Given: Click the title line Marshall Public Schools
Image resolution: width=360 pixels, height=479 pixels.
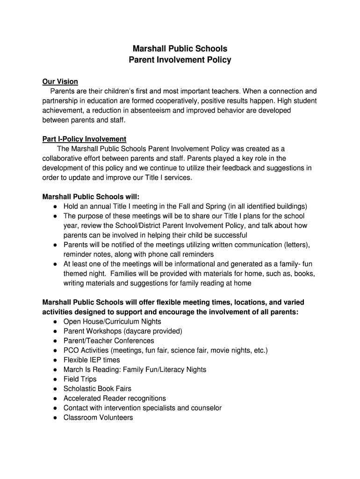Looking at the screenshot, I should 180,49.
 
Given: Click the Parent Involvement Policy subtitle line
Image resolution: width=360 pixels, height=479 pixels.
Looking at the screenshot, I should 180,60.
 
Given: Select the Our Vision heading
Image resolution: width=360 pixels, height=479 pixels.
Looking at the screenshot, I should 60,82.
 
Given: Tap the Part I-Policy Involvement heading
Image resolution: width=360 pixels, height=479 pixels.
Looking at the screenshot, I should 84,139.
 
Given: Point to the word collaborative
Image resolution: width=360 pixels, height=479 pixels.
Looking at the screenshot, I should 62,158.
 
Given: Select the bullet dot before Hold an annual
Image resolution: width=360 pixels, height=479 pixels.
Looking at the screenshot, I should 55,206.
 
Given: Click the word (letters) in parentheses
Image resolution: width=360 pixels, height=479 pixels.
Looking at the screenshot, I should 297,245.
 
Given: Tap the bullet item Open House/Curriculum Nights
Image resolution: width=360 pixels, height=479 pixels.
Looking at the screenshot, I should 112,321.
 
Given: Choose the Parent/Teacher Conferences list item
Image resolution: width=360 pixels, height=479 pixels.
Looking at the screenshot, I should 108,341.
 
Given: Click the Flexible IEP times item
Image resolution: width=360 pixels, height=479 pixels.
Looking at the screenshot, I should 92,360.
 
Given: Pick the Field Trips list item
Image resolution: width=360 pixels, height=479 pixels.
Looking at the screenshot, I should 80,379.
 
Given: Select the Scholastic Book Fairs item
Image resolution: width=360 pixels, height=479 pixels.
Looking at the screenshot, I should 97,389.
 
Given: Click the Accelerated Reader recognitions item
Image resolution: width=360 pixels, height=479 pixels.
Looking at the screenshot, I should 115,398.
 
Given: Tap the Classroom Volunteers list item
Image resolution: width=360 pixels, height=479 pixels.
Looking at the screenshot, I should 98,417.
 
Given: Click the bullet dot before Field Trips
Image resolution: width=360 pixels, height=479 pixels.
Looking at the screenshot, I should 55,379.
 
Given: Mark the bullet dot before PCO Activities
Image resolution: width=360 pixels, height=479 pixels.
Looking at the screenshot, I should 55,350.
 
